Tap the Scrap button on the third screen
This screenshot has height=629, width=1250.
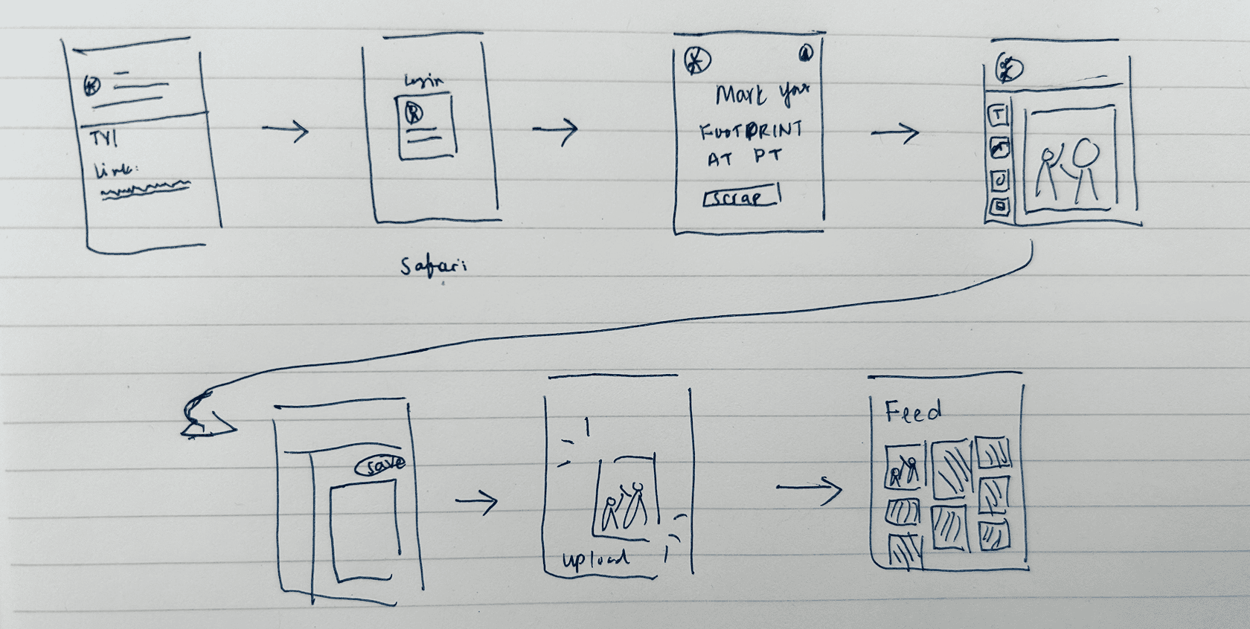[740, 198]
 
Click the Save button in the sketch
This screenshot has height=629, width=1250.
[382, 465]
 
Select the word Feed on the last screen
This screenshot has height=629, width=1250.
[913, 410]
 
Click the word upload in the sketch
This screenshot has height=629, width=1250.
[595, 560]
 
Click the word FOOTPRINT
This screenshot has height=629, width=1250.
[751, 132]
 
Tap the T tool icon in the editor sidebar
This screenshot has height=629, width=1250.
[999, 115]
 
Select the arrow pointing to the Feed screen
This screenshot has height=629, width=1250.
[809, 488]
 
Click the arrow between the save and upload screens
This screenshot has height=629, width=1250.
[476, 501]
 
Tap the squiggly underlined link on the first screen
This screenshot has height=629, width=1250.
[146, 191]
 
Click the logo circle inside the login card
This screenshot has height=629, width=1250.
[414, 113]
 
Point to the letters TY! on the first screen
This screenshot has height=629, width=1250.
[103, 139]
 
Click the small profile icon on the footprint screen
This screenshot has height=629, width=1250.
[806, 54]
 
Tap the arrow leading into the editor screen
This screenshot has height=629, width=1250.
[895, 133]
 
